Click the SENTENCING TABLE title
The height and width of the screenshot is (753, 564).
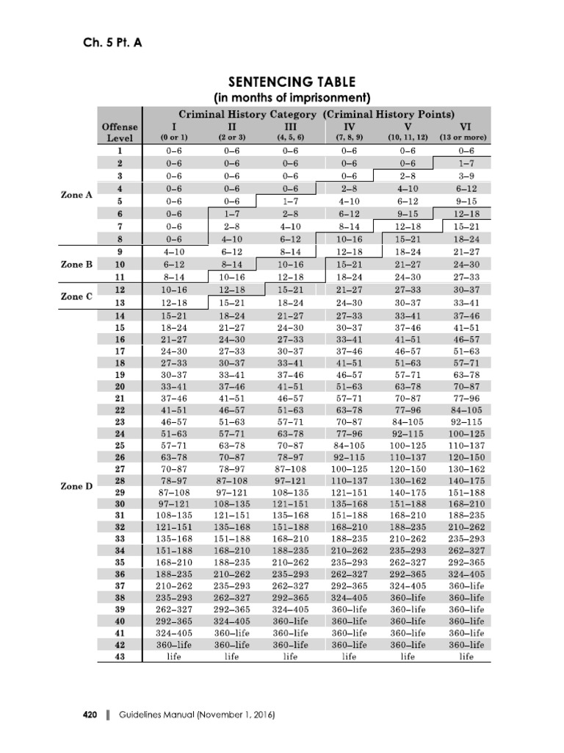click(292, 82)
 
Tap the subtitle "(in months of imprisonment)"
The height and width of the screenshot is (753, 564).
click(292, 98)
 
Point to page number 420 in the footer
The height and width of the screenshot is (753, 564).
click(92, 714)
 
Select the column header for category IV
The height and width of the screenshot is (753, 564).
click(349, 126)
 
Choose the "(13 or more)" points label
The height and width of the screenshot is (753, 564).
click(466, 138)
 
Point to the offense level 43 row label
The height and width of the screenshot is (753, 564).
click(120, 657)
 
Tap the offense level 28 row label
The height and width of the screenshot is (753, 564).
click(120, 479)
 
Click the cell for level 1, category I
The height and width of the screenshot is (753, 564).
click(173, 150)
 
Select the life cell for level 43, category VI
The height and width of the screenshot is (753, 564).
click(466, 657)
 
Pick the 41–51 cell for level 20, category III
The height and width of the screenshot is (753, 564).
click(290, 385)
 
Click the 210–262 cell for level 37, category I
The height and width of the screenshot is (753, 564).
click(173, 586)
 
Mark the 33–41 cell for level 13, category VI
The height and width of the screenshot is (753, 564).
click(466, 302)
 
